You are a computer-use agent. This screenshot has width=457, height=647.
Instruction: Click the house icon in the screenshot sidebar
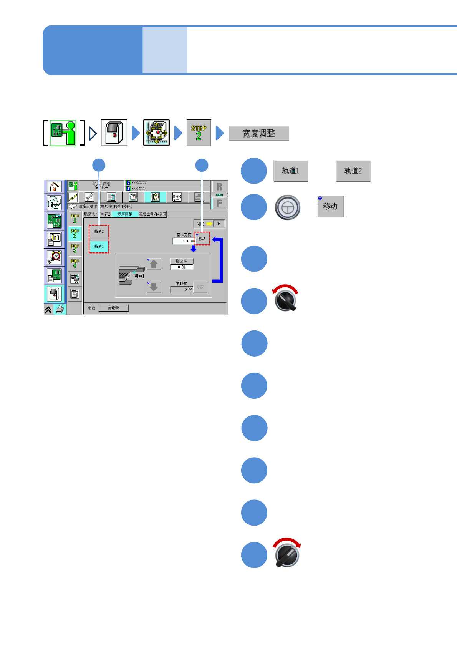pyautogui.click(x=54, y=187)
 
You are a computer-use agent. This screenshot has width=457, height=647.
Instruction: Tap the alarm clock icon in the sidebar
pyautogui.click(x=54, y=257)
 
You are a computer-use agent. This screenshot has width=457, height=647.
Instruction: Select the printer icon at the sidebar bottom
pyautogui.click(x=60, y=309)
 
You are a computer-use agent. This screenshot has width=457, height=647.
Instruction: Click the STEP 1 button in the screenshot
pyautogui.click(x=75, y=219)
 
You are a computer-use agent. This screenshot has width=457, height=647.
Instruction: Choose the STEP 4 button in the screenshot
pyautogui.click(x=75, y=264)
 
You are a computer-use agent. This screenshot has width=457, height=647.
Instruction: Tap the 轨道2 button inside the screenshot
pyautogui.click(x=99, y=232)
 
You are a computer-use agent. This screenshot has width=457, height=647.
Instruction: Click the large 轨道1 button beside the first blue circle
pyautogui.click(x=291, y=171)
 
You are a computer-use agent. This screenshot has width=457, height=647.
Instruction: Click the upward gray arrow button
pyautogui.click(x=154, y=264)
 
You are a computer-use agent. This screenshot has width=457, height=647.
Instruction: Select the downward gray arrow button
pyautogui.click(x=154, y=287)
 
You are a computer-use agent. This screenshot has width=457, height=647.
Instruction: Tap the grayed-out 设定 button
pyautogui.click(x=200, y=287)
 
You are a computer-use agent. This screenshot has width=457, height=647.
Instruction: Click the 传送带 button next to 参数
pyautogui.click(x=113, y=308)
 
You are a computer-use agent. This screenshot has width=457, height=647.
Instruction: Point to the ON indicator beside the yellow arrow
pyautogui.click(x=219, y=224)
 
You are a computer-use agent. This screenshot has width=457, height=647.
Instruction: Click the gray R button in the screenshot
pyautogui.click(x=219, y=187)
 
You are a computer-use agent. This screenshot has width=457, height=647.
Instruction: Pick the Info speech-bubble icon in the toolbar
pyautogui.click(x=177, y=197)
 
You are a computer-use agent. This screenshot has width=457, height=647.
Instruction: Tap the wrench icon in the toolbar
pyautogui.click(x=89, y=197)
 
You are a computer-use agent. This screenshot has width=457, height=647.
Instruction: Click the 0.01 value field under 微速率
pyautogui.click(x=182, y=267)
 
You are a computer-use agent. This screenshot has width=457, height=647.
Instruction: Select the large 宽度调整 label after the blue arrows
pyautogui.click(x=259, y=133)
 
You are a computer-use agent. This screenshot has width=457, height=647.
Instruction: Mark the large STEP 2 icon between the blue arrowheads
pyautogui.click(x=199, y=133)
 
